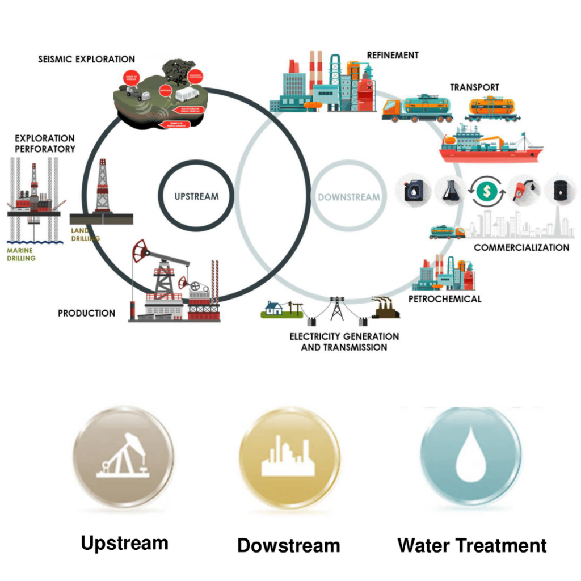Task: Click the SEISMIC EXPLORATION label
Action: click(86, 59)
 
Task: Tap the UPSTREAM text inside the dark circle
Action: click(196, 197)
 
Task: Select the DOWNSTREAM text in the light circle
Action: click(348, 197)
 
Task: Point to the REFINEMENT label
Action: click(393, 56)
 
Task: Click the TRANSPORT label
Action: click(474, 87)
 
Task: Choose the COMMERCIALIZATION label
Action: click(521, 247)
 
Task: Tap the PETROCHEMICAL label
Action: click(445, 298)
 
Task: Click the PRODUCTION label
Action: click(86, 313)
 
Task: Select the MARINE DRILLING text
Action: click(22, 254)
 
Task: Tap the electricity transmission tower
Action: click(337, 308)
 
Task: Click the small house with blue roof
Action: click(273, 308)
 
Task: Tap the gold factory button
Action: click(289, 457)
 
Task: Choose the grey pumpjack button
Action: click(123, 456)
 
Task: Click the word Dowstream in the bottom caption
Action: click(289, 546)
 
